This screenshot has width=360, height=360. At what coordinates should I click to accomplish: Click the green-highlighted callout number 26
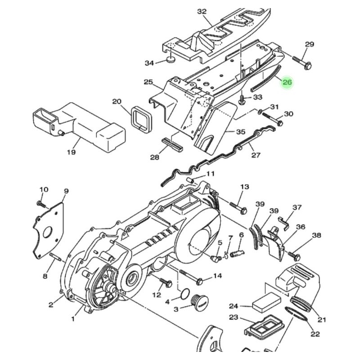coord(287,82)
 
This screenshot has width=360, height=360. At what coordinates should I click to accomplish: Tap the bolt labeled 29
coord(302,63)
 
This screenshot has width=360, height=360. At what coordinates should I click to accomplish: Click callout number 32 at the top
coord(202,12)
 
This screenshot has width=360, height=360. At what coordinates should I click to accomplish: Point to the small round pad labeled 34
coord(171,60)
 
